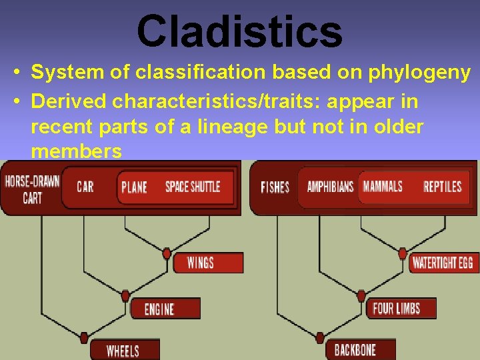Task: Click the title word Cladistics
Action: (x=239, y=30)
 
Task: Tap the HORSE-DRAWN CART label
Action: (x=32, y=189)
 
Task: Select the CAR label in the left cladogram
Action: (x=85, y=186)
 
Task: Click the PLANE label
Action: (x=134, y=187)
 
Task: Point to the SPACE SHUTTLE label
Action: (x=193, y=186)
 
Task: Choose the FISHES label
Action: (x=275, y=187)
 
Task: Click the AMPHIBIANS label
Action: (x=330, y=186)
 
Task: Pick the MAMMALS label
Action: (x=383, y=186)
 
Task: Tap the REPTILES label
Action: (x=442, y=186)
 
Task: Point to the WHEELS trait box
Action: (x=123, y=350)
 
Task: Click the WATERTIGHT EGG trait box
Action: (x=442, y=262)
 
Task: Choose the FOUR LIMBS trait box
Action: (x=396, y=308)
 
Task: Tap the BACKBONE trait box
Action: (x=355, y=349)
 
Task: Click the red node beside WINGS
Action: (x=167, y=253)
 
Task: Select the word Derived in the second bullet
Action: (x=69, y=102)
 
